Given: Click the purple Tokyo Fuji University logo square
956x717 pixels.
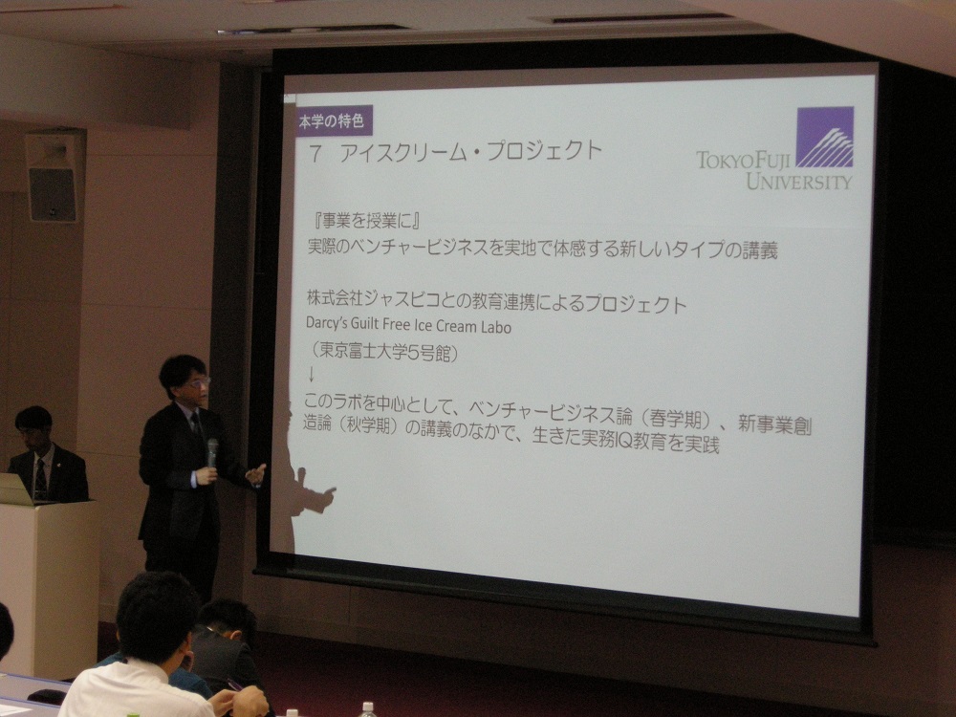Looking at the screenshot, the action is [x=824, y=137].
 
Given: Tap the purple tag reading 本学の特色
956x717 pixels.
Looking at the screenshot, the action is [x=333, y=120].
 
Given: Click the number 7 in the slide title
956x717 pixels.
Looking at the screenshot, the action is [x=315, y=154].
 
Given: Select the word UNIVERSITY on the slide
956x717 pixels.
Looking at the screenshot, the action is [x=798, y=181].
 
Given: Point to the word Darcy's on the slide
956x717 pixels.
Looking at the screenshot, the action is [x=326, y=322].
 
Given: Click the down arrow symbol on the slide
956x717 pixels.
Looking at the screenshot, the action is [x=311, y=374].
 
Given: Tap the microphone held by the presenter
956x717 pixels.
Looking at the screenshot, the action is [x=212, y=452].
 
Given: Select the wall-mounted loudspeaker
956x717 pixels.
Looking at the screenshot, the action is [x=52, y=178].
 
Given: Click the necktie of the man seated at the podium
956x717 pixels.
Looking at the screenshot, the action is [x=40, y=479].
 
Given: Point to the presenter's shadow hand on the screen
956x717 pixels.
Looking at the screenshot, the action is [x=322, y=495].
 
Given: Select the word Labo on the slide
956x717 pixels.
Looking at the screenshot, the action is [x=495, y=327].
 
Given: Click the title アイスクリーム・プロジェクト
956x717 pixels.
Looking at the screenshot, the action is [x=470, y=152].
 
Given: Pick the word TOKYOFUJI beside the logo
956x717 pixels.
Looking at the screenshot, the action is [x=743, y=161].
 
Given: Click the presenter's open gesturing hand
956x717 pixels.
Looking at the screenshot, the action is [x=255, y=474].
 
